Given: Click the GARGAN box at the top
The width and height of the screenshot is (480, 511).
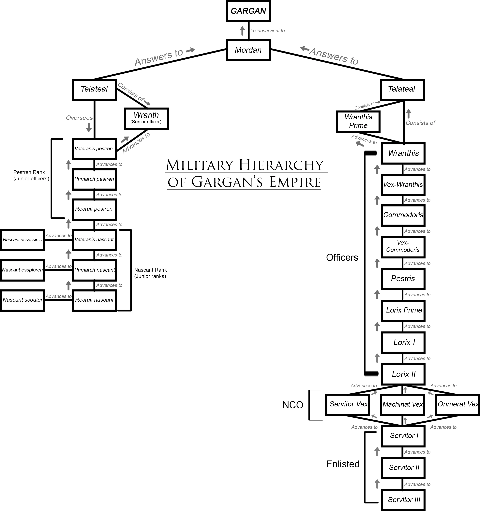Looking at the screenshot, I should pyautogui.click(x=248, y=11).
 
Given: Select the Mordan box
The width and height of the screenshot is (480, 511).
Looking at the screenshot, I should pyautogui.click(x=248, y=50).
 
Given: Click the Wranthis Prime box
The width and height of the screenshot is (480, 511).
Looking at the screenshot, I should pyautogui.click(x=358, y=121).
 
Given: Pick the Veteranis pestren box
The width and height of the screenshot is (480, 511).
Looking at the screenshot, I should pyautogui.click(x=94, y=149).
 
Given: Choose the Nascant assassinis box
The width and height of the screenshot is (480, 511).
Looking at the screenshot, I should pyautogui.click(x=22, y=240).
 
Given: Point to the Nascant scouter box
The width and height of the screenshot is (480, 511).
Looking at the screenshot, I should pyautogui.click(x=22, y=300).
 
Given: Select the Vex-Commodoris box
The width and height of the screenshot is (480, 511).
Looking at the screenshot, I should pyautogui.click(x=403, y=247).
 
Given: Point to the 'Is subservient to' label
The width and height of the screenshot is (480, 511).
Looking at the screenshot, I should pyautogui.click(x=267, y=31).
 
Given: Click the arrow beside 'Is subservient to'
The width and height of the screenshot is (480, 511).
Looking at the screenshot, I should pyautogui.click(x=242, y=31).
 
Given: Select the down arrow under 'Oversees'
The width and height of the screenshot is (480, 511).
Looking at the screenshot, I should pyautogui.click(x=89, y=127).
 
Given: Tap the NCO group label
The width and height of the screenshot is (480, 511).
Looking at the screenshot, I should pyautogui.click(x=293, y=405).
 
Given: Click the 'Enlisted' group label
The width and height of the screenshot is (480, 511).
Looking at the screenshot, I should pyautogui.click(x=343, y=464).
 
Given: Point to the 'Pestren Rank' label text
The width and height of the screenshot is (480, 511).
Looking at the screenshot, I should pyautogui.click(x=29, y=172).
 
